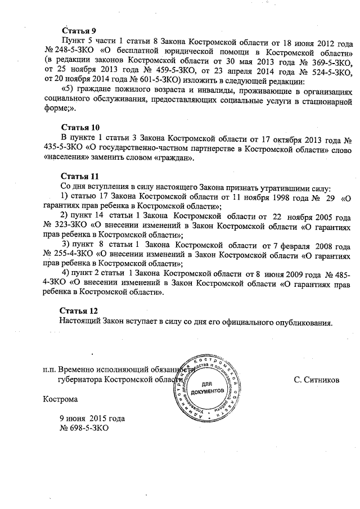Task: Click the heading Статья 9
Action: [79, 31]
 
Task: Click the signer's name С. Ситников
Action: [316, 380]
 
